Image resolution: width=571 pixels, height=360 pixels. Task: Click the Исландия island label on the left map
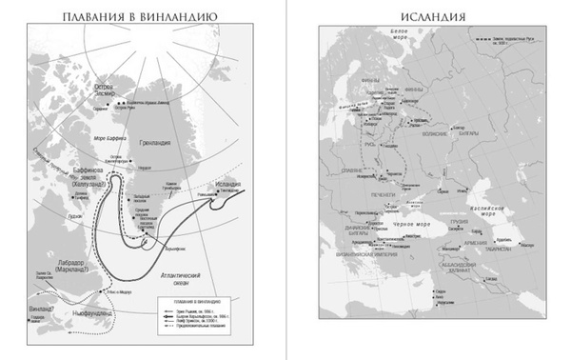pos(225,183)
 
